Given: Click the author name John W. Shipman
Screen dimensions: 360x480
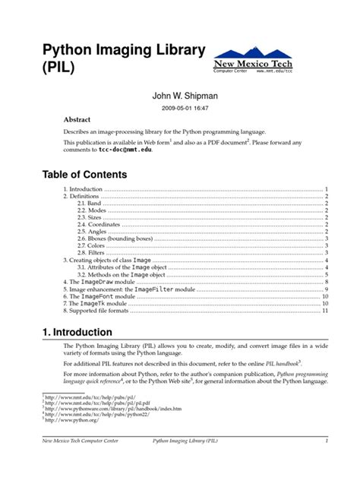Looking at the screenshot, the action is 180,96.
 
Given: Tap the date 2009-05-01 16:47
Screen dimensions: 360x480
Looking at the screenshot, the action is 180,109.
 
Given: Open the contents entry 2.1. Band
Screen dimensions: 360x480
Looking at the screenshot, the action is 90,204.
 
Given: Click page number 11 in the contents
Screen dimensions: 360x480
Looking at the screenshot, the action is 324,311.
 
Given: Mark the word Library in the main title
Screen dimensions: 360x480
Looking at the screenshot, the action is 172,52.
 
